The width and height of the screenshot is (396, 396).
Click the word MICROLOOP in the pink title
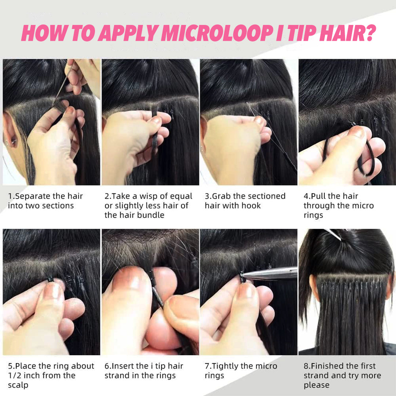tap(217, 33)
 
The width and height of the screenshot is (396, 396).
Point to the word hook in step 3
tap(251, 206)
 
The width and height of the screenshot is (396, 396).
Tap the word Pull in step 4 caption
tap(318, 196)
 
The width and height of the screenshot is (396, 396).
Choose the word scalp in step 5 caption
tap(18, 385)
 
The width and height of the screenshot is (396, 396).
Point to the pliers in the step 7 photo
tap(268, 274)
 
